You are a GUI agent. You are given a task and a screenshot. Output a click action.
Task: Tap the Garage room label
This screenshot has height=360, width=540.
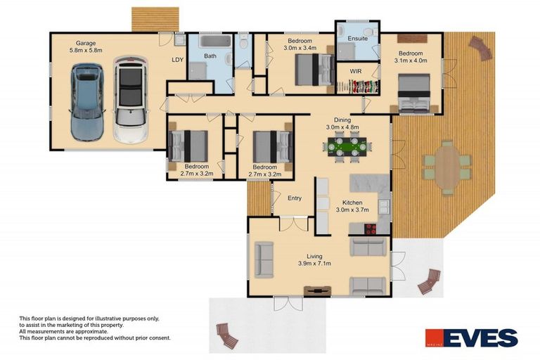pyautogui.click(x=86, y=46)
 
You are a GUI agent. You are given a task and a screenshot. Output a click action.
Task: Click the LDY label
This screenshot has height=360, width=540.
pyautogui.click(x=177, y=60)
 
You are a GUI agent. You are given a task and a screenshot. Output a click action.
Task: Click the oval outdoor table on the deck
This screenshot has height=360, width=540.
pyautogui.click(x=447, y=166)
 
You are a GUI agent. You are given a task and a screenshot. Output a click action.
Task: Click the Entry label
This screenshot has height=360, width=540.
pyautogui.click(x=295, y=198)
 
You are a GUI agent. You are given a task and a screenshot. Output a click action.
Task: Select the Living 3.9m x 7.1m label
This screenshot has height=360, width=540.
pyautogui.click(x=314, y=260)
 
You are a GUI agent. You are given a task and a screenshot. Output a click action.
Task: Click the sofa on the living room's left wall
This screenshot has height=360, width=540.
pyautogui.click(x=264, y=260)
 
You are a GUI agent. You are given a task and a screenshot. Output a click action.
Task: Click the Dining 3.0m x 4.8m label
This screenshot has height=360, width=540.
pyautogui.click(x=342, y=124)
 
